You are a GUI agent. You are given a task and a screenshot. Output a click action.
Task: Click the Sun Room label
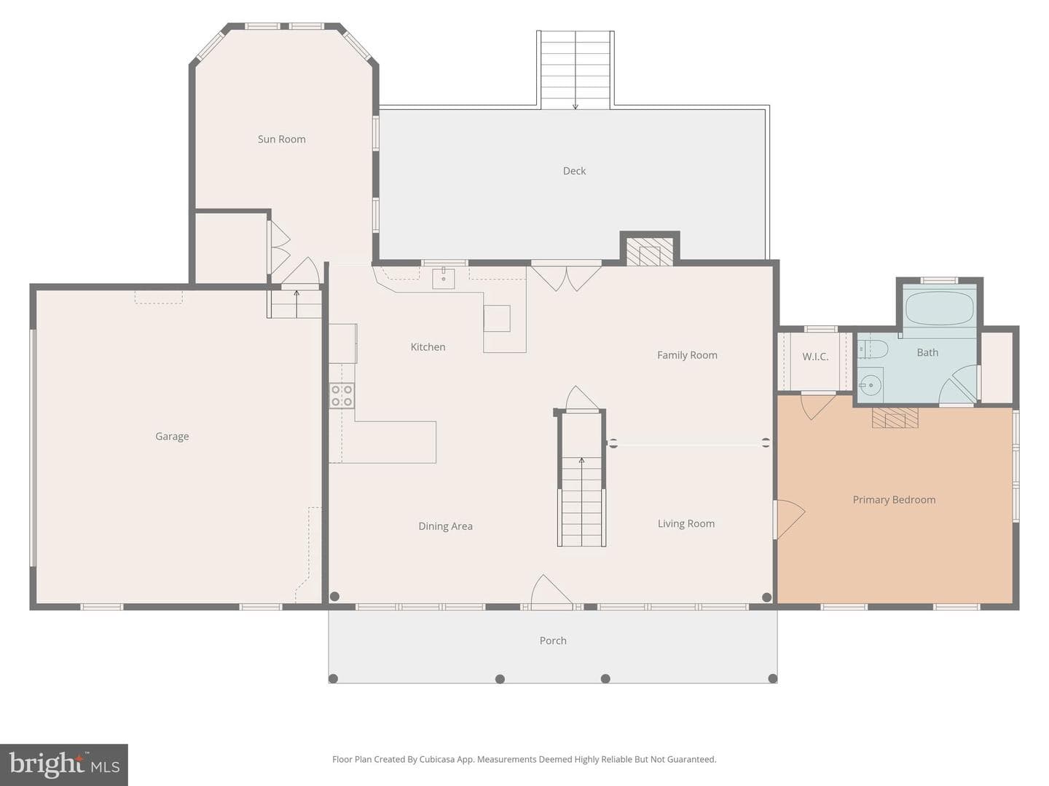(x=281, y=139)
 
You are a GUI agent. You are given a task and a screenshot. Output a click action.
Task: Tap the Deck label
(x=574, y=171)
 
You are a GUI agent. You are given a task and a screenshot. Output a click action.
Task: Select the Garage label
(x=172, y=436)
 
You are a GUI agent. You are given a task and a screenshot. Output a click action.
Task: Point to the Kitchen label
(x=428, y=347)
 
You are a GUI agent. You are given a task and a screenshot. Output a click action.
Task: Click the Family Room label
(x=687, y=355)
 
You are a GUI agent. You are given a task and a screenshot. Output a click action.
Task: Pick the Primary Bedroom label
(x=894, y=500)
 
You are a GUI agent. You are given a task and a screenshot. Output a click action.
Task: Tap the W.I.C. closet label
(x=815, y=357)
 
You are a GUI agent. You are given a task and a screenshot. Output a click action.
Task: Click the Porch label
(x=553, y=640)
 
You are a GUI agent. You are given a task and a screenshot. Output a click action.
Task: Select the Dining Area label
(x=445, y=526)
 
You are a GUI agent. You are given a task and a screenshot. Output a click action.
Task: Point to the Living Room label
(x=685, y=523)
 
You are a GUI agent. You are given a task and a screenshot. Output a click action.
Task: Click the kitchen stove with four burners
(x=342, y=396)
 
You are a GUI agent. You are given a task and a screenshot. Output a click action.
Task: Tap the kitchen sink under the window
(x=444, y=279)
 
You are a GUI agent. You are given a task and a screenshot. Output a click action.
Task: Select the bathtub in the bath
(x=939, y=309)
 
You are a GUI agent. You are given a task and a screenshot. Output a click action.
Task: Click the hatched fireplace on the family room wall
(x=649, y=251)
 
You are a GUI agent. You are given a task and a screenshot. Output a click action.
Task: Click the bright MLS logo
(x=64, y=764)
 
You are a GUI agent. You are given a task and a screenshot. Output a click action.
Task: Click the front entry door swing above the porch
(x=552, y=592)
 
